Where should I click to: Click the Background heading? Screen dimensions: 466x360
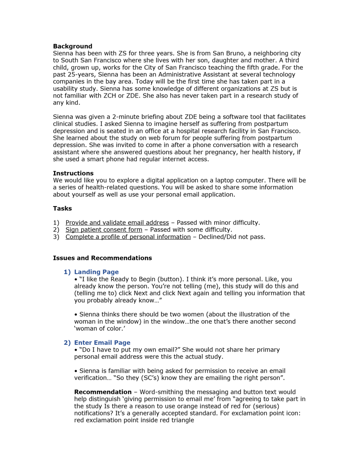point(72,47)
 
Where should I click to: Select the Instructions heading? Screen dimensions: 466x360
point(73,173)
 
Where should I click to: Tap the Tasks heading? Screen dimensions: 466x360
point(62,208)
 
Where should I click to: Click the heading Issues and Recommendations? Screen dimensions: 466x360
point(102,258)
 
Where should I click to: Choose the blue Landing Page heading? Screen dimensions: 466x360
point(96,272)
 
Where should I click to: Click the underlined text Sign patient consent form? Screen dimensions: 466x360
point(104,230)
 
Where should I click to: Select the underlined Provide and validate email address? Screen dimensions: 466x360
point(117,223)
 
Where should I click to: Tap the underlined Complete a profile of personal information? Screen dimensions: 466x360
point(128,237)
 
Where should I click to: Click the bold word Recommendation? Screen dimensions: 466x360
point(102,392)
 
